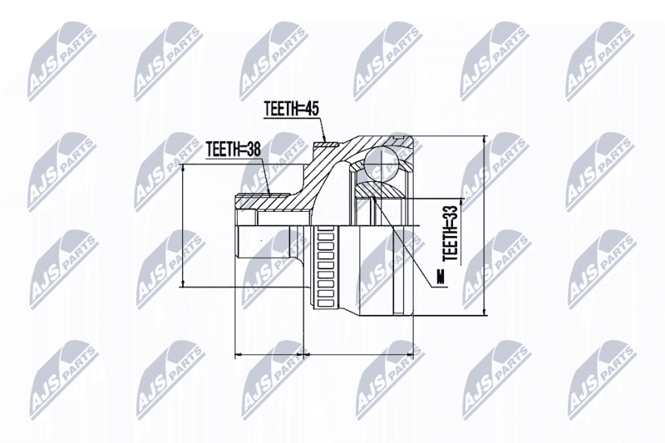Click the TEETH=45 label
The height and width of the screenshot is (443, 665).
291,109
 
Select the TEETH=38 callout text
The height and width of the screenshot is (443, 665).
233,149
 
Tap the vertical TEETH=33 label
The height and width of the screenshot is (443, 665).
450,233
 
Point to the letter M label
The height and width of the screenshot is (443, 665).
442,277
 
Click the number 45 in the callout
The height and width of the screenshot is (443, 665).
311,109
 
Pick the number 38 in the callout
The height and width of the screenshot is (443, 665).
253,149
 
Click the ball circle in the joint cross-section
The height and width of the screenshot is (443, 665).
382,163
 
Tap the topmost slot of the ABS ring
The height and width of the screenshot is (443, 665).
325,229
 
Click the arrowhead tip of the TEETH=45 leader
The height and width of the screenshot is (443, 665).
325,142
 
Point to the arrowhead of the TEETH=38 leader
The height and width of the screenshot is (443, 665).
269,195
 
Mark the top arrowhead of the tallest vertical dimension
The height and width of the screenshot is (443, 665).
485,136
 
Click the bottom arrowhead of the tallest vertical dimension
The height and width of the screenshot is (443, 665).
485,315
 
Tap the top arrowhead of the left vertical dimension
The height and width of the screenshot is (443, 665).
183,164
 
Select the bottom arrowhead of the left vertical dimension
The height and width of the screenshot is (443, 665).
183,287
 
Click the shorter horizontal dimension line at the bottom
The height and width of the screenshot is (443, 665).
269,353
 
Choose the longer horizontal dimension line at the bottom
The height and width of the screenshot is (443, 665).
359,353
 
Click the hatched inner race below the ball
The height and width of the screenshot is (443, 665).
379,190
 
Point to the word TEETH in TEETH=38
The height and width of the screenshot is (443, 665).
222,149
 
